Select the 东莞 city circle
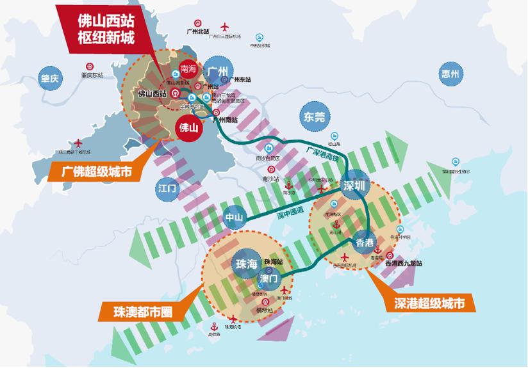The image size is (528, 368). [315, 116]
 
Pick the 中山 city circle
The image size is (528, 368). [233, 218]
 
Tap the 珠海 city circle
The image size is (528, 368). [246, 263]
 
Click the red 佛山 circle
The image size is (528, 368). [190, 127]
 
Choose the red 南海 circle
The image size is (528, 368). [188, 68]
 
